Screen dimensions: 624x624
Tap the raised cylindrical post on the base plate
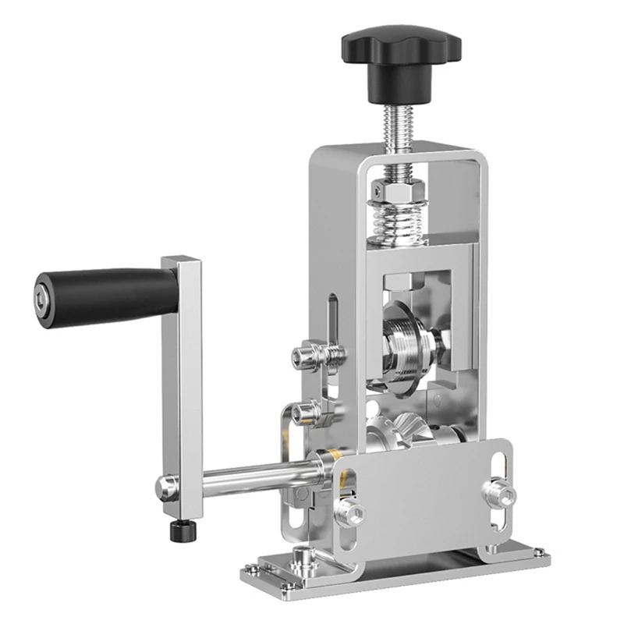tap(299, 561)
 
